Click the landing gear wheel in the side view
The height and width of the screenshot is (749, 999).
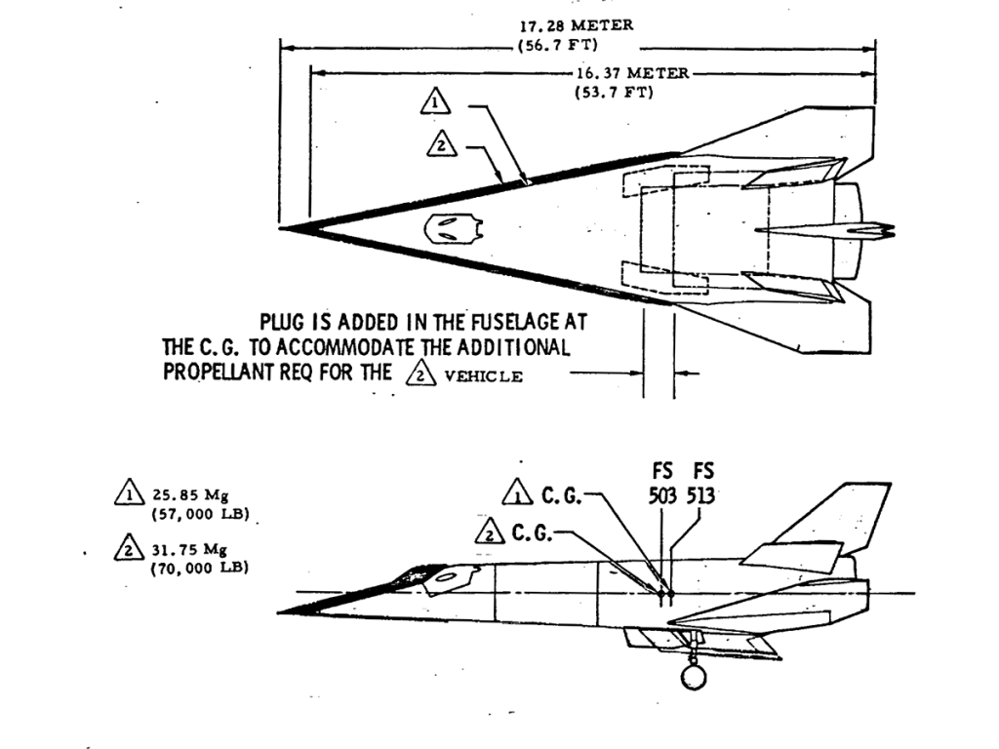(695, 676)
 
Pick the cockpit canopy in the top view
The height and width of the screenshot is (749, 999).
(454, 228)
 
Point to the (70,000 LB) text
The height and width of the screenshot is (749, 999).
(199, 567)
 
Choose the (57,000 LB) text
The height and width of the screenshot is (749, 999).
(199, 512)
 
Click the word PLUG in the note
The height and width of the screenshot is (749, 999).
(284, 321)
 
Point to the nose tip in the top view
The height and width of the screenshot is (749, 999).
(283, 228)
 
